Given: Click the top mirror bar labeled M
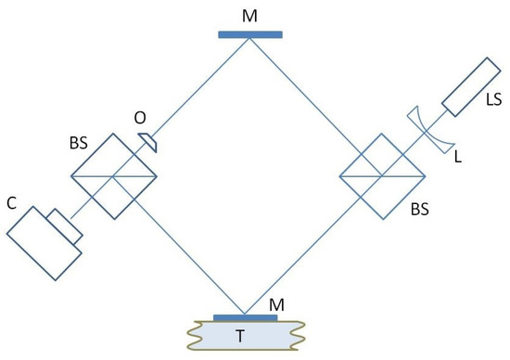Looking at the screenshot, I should pos(250,34).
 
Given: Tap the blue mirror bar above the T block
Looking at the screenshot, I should pos(245,317).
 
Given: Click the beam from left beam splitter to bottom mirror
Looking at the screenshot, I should pos(185,251).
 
